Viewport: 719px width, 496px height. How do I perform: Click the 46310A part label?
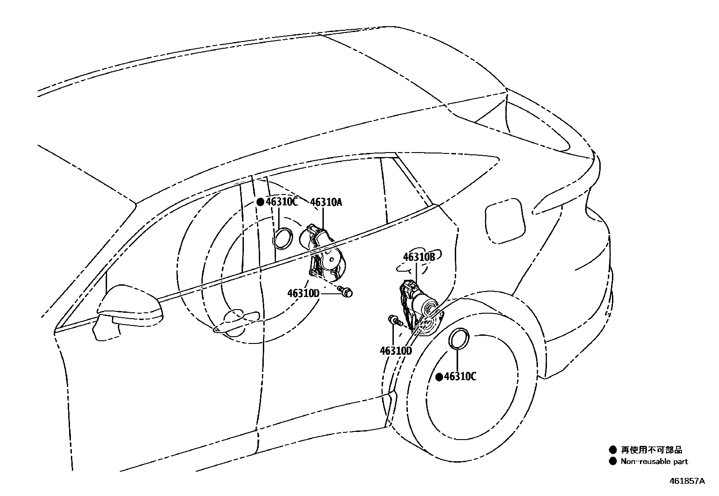point(326,202)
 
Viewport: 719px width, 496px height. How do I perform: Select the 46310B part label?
point(419,257)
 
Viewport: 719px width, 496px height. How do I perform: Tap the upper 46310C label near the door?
point(281,202)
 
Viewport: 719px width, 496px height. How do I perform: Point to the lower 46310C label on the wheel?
point(460,376)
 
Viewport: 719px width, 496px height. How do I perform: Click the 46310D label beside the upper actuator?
point(303,293)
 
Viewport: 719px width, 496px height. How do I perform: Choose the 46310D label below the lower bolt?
point(396,350)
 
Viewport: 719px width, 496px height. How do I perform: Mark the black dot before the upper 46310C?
point(260,202)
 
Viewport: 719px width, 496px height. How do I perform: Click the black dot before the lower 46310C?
point(439,377)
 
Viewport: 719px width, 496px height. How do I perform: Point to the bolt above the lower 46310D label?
point(395,321)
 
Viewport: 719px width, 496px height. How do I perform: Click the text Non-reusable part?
point(654,461)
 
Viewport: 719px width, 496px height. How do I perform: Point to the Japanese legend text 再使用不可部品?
point(651,450)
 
